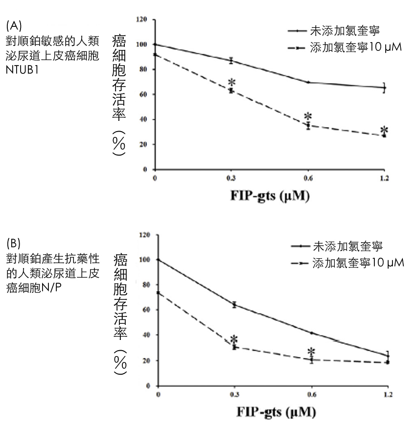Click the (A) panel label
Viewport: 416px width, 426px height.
coord(14,24)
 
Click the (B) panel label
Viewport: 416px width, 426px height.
coord(14,243)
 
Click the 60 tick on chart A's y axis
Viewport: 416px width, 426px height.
coord(143,94)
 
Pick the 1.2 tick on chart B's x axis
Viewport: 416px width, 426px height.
coord(388,394)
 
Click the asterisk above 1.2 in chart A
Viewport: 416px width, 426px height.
coord(384,130)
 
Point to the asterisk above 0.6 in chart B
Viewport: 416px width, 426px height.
coord(311,351)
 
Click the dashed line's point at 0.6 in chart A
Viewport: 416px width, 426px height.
coord(308,126)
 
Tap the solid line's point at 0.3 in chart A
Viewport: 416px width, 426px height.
coord(231,61)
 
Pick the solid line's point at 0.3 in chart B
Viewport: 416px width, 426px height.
coord(234,305)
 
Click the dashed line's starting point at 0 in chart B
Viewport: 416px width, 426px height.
coord(158,292)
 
